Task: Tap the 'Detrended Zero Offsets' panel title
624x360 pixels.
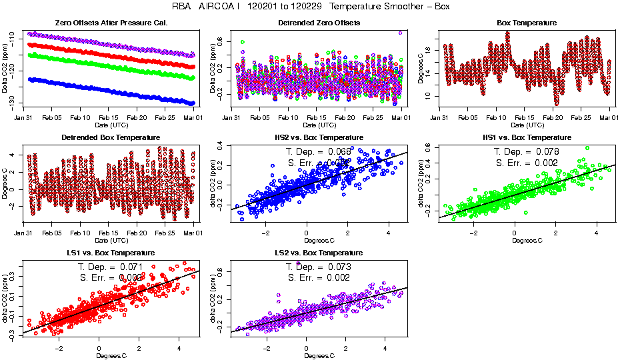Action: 319,23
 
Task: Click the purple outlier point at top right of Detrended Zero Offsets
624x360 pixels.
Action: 400,32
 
